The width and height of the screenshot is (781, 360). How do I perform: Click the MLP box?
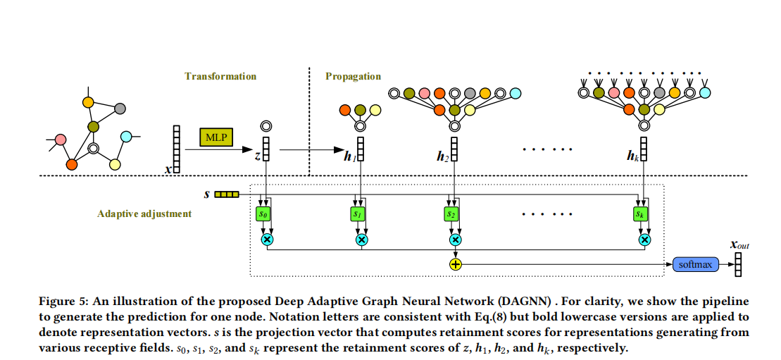click(216, 137)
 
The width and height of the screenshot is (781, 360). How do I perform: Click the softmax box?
click(694, 265)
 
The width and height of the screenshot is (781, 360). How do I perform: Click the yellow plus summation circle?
click(455, 265)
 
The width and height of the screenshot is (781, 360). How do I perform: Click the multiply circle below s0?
click(267, 240)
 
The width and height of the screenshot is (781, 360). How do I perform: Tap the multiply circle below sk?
click(643, 240)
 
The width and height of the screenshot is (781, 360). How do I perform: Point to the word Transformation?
click(220, 76)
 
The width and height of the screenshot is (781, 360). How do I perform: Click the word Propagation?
click(353, 76)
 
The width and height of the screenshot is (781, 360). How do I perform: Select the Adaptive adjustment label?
click(144, 213)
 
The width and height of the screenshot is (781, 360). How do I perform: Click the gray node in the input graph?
click(120, 108)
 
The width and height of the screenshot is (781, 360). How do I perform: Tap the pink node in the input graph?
click(61, 139)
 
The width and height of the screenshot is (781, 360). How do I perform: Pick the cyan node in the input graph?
click(126, 136)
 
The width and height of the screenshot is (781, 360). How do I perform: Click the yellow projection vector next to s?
click(227, 194)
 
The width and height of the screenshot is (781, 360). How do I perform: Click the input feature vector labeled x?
click(176, 149)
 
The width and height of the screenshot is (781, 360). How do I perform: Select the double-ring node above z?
click(265, 127)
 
